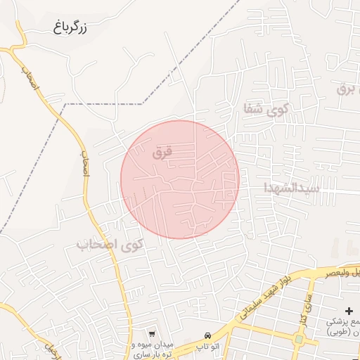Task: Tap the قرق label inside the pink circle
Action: [162, 151]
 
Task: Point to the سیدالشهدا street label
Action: [292, 188]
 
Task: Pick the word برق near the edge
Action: [348, 88]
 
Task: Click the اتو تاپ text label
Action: [207, 347]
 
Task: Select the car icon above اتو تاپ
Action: [207, 335]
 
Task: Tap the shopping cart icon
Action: [152, 332]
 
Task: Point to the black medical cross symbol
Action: [349, 310]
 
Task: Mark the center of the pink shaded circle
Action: [180, 179]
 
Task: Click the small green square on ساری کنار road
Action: [298, 339]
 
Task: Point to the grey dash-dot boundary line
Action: [105, 104]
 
